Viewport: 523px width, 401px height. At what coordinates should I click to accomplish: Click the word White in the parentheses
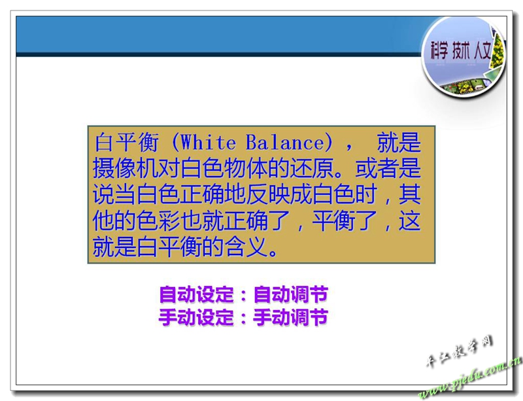click(208, 142)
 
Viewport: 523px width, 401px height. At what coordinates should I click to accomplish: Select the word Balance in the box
click(284, 142)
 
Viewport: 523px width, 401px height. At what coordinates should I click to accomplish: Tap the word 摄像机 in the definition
click(125, 168)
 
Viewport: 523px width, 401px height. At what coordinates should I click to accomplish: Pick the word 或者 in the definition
click(377, 168)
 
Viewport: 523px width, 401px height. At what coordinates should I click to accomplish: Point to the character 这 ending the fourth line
click(409, 220)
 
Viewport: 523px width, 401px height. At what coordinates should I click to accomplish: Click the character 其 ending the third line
click(409, 194)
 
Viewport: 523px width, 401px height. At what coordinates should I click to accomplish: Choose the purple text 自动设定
click(196, 294)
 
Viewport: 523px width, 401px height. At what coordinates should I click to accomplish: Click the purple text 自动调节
click(290, 294)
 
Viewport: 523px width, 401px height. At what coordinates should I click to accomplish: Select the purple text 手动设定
click(196, 317)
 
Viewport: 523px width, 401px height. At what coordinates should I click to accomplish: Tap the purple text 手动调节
click(290, 317)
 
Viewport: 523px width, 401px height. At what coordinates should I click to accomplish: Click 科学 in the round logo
click(438, 51)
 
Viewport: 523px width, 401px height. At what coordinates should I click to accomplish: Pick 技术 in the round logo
click(461, 51)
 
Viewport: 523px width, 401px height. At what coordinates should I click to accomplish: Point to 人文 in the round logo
click(482, 51)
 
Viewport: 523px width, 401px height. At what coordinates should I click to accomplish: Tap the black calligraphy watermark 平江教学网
click(459, 351)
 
